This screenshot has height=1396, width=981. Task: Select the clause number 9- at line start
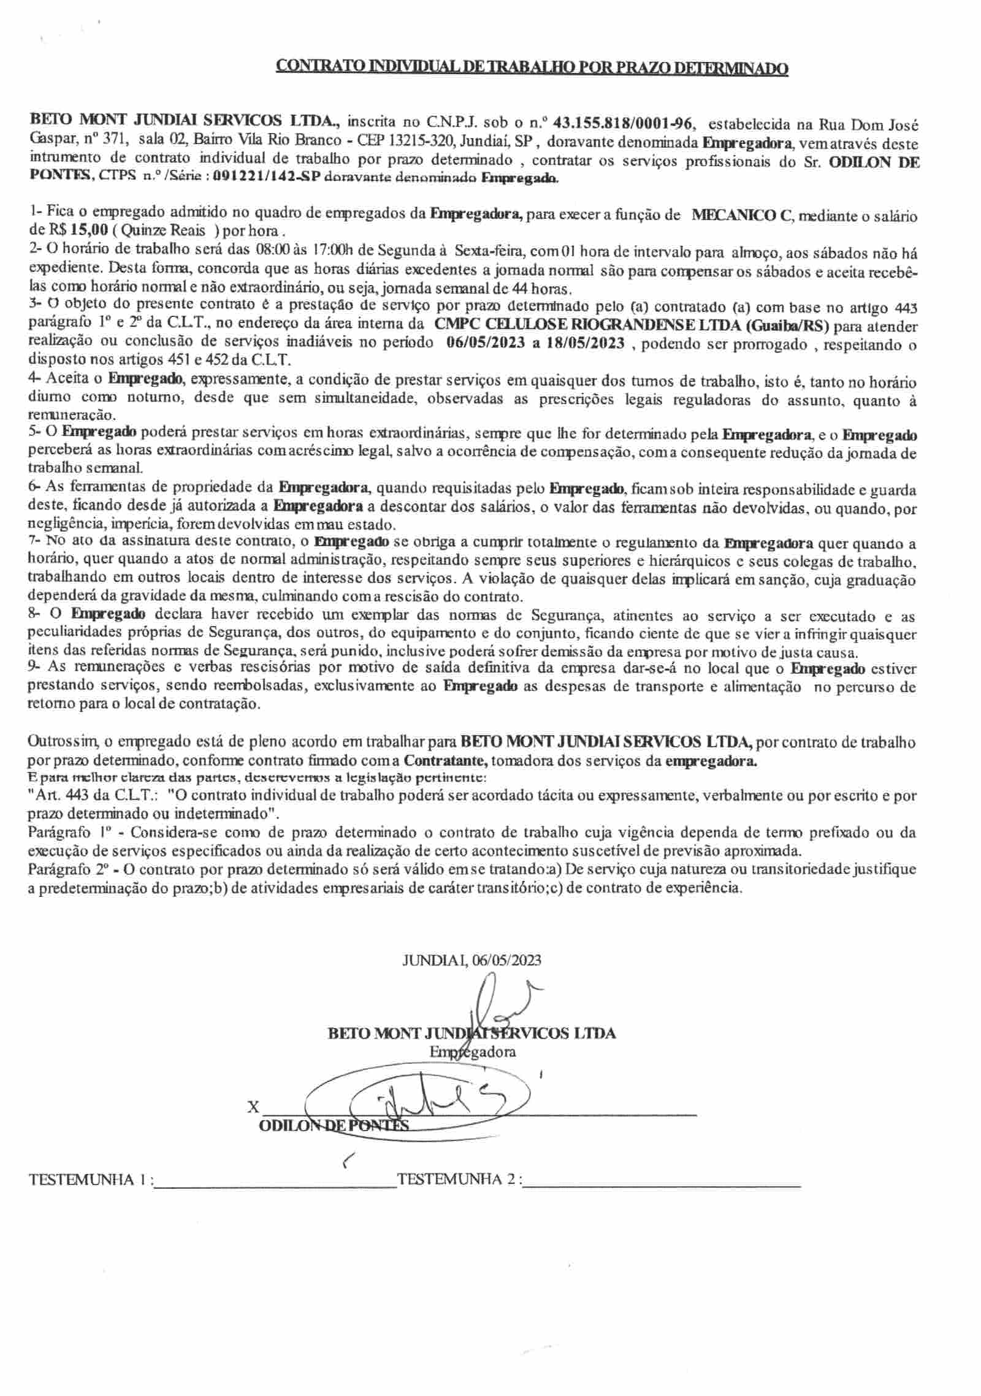pyautogui.click(x=35, y=666)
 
